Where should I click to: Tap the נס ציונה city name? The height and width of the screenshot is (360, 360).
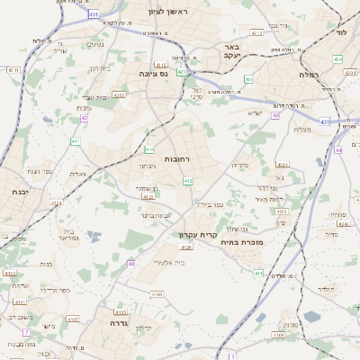[155, 74]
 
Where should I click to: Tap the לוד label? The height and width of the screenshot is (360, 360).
[341, 31]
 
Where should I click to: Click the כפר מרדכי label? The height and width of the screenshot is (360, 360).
[55, 291]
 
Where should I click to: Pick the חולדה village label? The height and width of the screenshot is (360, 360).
[327, 289]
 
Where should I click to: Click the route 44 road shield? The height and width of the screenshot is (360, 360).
[338, 150]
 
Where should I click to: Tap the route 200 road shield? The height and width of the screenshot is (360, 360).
[249, 80]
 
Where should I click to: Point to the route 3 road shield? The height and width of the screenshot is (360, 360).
[231, 356]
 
